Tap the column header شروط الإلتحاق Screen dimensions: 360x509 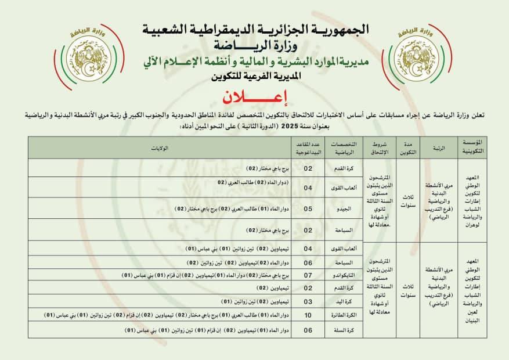377,148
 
